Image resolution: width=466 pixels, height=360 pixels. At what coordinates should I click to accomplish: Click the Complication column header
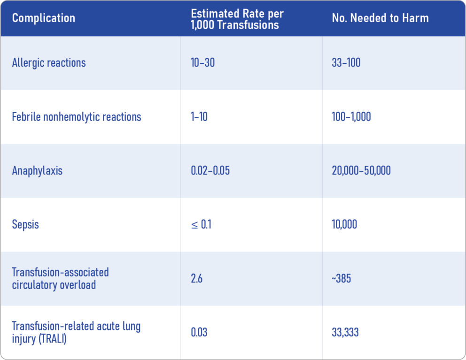(x=43, y=18)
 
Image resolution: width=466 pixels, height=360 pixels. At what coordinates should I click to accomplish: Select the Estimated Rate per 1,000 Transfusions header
(x=237, y=19)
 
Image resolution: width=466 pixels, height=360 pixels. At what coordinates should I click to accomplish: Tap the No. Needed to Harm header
(x=380, y=18)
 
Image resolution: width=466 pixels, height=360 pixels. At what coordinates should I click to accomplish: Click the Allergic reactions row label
(x=49, y=63)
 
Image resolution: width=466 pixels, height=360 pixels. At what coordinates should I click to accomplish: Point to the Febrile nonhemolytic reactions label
(x=77, y=117)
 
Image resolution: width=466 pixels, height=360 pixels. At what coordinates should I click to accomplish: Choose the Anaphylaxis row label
(x=37, y=171)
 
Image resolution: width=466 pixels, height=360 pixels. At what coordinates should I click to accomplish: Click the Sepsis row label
(x=25, y=224)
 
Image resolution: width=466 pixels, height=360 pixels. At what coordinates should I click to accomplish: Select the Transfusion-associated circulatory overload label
(x=60, y=278)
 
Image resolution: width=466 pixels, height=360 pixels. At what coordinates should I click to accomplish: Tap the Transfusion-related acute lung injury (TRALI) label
(x=76, y=332)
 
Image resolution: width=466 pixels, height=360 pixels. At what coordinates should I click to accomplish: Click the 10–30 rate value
(x=202, y=63)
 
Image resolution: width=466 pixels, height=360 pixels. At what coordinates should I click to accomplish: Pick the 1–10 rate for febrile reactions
(x=199, y=117)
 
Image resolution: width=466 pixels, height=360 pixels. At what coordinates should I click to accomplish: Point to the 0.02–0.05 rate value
(x=210, y=171)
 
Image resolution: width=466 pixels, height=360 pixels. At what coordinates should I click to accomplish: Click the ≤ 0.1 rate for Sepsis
(x=201, y=224)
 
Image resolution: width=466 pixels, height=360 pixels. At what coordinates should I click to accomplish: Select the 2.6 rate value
(x=196, y=278)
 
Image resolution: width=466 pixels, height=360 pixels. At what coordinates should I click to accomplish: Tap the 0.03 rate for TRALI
(x=199, y=332)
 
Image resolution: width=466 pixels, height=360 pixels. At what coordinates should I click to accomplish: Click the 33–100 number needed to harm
(x=346, y=63)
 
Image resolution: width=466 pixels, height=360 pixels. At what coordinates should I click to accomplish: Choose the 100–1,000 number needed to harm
(x=351, y=117)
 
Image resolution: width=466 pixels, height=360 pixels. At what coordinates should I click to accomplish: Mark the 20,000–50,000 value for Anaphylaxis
(x=361, y=171)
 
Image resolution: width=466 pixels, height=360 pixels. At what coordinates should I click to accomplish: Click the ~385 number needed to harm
(x=341, y=278)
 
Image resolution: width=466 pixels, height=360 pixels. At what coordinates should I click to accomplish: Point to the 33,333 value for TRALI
(x=345, y=332)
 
